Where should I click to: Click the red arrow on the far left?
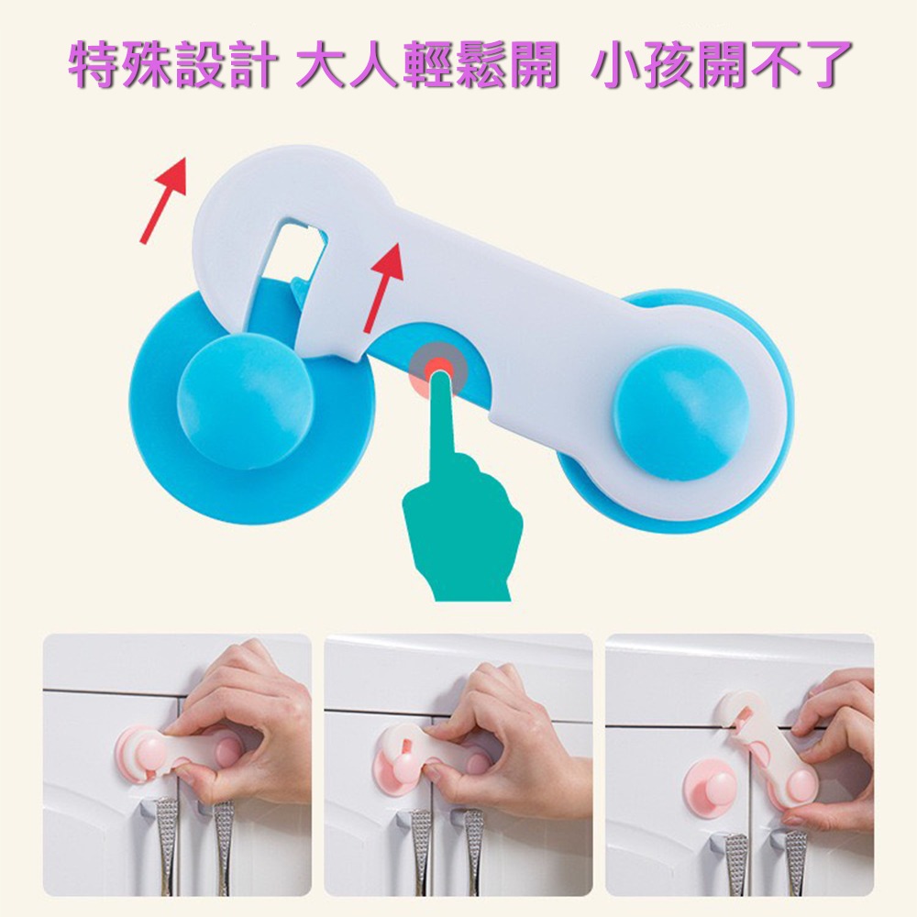[164, 199]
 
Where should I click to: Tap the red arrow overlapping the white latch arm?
[384, 287]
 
